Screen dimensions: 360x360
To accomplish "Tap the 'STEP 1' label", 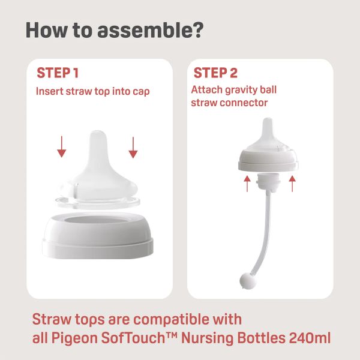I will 58,73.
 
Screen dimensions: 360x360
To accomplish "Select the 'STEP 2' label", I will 215,73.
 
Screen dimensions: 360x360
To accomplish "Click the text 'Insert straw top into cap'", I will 92,92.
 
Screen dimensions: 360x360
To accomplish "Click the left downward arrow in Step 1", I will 61,146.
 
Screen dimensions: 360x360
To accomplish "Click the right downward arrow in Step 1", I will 133,146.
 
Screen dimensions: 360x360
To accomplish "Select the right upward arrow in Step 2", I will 293,183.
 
